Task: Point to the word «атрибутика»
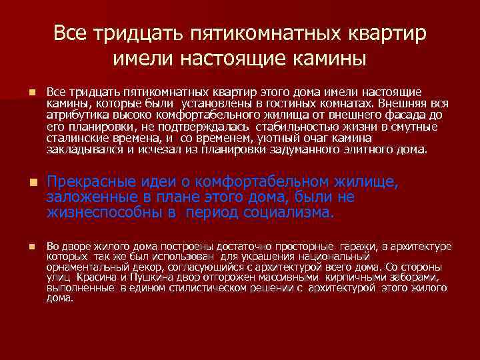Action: [71, 115]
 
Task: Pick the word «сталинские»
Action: [71, 137]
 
